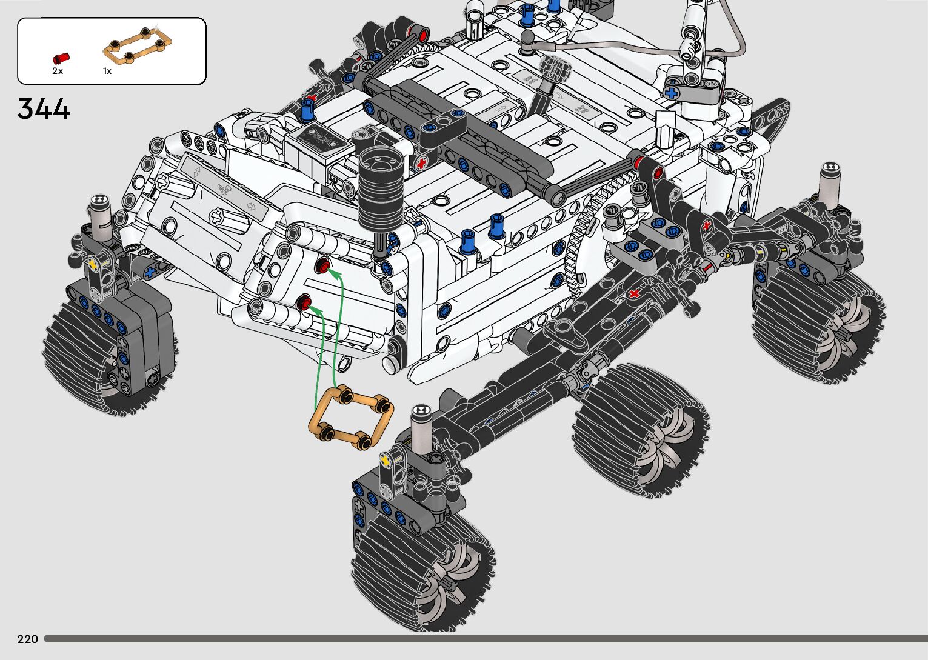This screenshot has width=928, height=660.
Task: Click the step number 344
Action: pyautogui.click(x=44, y=108)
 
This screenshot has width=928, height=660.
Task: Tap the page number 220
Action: pyautogui.click(x=27, y=639)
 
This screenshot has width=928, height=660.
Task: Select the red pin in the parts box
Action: pyautogui.click(x=61, y=58)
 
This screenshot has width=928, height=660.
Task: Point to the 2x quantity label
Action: pyautogui.click(x=58, y=71)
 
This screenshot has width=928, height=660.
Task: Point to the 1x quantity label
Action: pyautogui.click(x=107, y=71)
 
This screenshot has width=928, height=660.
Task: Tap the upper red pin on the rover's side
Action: pyautogui.click(x=322, y=265)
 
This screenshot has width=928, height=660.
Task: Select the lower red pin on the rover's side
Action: pyautogui.click(x=304, y=302)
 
